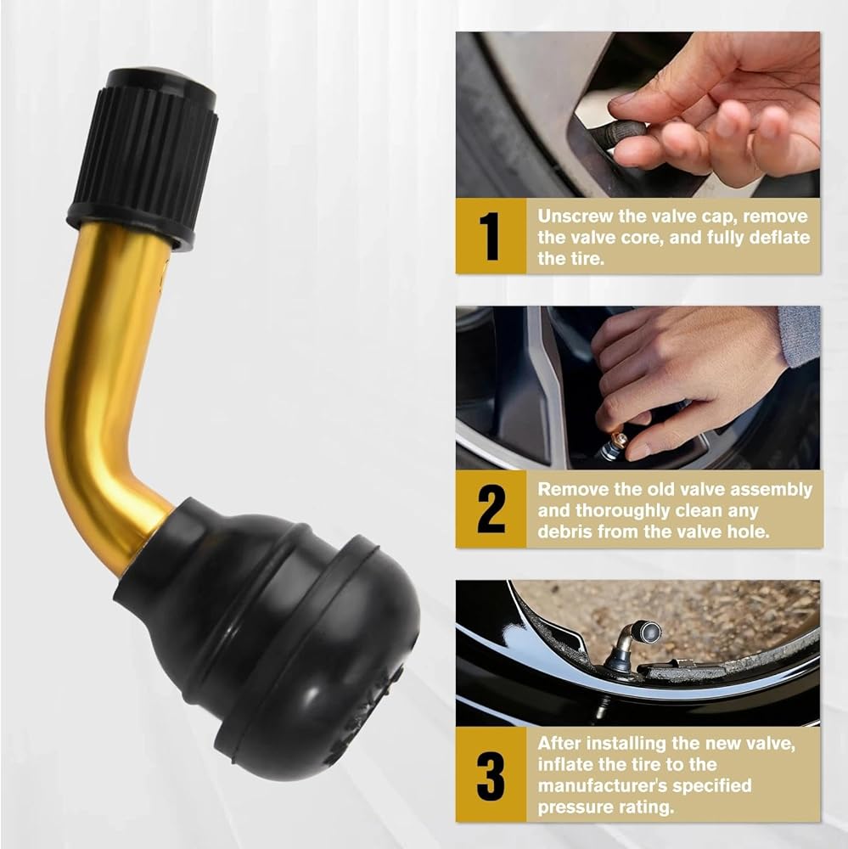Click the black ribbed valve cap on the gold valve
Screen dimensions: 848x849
(x=143, y=158)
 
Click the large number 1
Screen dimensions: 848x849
(x=491, y=237)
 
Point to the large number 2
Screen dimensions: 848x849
(x=491, y=509)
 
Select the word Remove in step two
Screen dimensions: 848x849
(x=570, y=490)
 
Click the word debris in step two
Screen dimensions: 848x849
(x=566, y=531)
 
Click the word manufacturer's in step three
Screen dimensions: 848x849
(x=644, y=785)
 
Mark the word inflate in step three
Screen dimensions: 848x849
(x=566, y=765)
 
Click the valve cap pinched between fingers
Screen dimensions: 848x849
(x=626, y=132)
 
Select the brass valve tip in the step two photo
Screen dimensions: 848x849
(x=618, y=439)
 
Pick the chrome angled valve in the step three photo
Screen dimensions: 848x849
(x=633, y=643)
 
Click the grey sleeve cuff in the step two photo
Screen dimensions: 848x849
(x=799, y=335)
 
